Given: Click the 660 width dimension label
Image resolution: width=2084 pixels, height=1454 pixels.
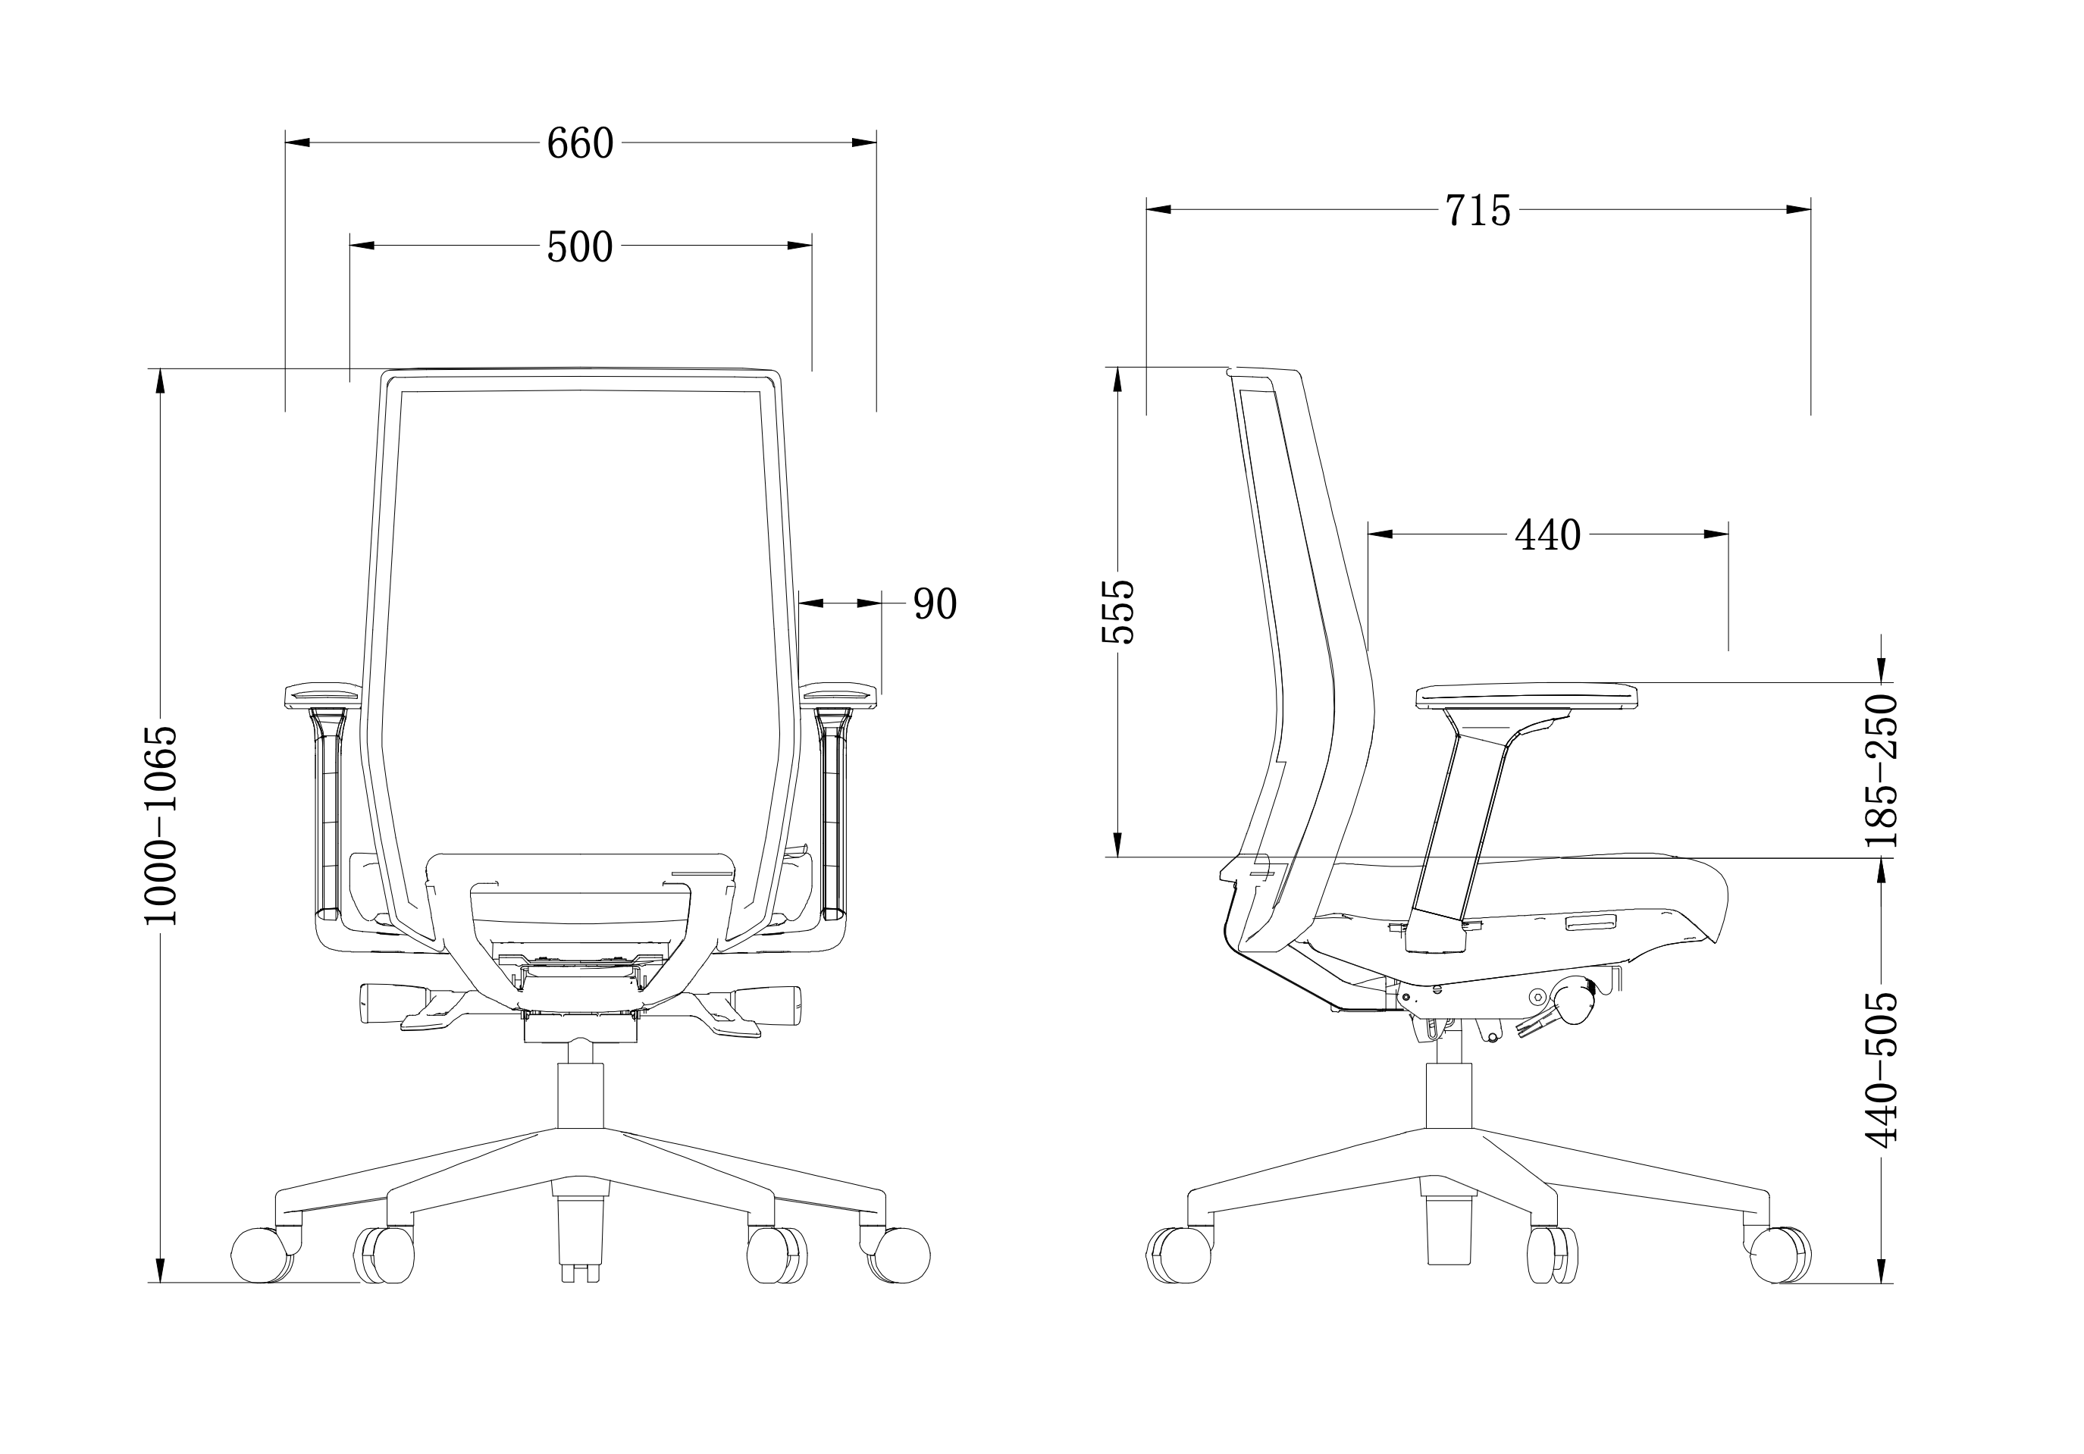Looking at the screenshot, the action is (x=580, y=143).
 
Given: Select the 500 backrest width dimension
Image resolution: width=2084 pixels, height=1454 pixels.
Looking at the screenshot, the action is (x=580, y=247).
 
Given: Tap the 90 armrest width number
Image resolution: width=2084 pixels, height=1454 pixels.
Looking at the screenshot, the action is (x=935, y=604).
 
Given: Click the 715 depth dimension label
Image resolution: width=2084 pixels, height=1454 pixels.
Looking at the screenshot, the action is (x=1478, y=211).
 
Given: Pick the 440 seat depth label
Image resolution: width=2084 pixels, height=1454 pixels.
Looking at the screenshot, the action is (x=1547, y=535).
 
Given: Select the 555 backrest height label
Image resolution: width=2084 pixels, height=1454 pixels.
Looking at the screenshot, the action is (x=1118, y=612).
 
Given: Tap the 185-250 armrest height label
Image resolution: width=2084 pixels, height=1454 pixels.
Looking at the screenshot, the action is (x=1881, y=770).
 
